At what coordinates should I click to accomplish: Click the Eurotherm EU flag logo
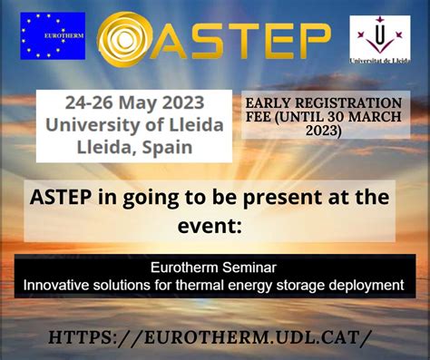tap(53, 36)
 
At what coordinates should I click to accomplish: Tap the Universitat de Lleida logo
tap(379, 41)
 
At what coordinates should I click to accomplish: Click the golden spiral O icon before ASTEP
tap(128, 38)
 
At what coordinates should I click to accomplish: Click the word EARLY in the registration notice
tap(271, 102)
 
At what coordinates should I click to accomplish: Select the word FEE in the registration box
tap(265, 116)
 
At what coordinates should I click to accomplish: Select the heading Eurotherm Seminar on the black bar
tap(215, 268)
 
